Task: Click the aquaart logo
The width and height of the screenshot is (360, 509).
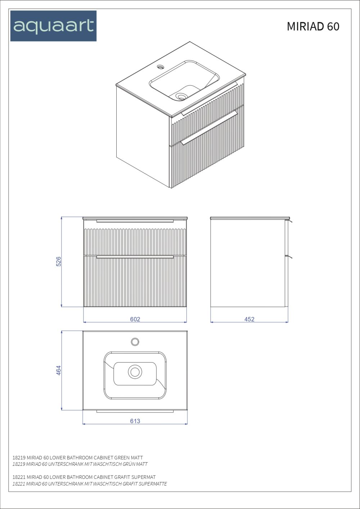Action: click(x=53, y=26)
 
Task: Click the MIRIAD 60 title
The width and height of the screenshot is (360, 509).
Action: click(x=313, y=26)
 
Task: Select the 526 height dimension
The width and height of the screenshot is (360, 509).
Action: click(x=58, y=261)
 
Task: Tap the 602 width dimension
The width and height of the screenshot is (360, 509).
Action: click(x=135, y=319)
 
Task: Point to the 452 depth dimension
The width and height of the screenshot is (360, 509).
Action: click(x=249, y=319)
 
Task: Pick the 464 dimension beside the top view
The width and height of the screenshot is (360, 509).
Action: click(x=58, y=370)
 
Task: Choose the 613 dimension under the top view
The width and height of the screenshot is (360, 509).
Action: click(x=135, y=421)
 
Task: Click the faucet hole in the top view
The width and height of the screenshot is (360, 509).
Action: click(x=135, y=342)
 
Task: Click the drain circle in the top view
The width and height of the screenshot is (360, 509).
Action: click(x=135, y=372)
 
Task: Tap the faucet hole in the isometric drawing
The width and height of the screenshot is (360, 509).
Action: click(x=161, y=67)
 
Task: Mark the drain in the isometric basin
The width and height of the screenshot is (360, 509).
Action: click(x=182, y=97)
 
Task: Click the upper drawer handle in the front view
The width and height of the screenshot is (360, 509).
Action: click(x=135, y=221)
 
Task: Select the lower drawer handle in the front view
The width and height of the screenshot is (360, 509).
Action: click(x=135, y=257)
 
